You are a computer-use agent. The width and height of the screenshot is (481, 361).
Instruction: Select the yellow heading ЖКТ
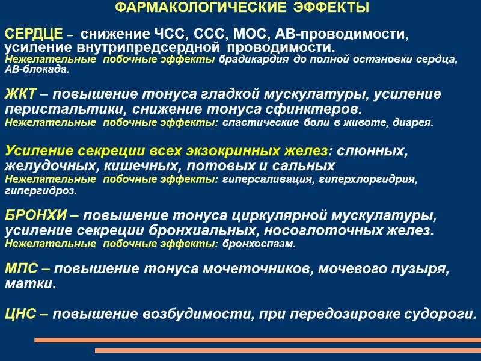pyautogui.click(x=21, y=94)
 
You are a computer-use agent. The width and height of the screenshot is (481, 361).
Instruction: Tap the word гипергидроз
pyautogui.click(x=40, y=191)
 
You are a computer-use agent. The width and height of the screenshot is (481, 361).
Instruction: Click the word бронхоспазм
pyautogui.click(x=259, y=244)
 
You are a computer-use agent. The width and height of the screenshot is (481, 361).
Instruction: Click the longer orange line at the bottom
pyautogui.click(x=257, y=340)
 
